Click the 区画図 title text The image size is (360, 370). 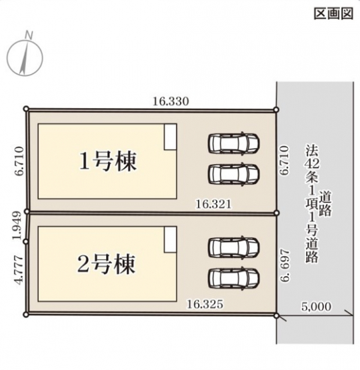coord(333,13)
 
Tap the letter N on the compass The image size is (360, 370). coord(29,35)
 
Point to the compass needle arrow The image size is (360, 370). coord(25,57)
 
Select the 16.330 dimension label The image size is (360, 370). coord(171,101)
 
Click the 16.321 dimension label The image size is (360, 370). coord(213,205)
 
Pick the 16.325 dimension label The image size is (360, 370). coord(205,304)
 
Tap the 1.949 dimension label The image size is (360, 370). coord(17,225)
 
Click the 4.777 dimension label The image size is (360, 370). coord(19,269)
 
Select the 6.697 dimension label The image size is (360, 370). coord(285,265)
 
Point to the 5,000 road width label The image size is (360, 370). coord(316,307)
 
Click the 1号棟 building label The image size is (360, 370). coord(108,161)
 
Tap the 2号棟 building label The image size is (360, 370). coord(107,264)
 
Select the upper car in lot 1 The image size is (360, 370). coord(233,143)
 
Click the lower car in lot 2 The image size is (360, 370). coord(233,278)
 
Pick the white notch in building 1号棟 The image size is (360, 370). coord(170,137)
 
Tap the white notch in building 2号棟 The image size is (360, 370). coord(170,240)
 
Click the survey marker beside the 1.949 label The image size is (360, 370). coord(26,241)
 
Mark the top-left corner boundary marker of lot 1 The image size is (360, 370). coord(27,109)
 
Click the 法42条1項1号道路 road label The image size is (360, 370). coord(318,203)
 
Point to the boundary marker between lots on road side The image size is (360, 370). coord(277,213)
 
